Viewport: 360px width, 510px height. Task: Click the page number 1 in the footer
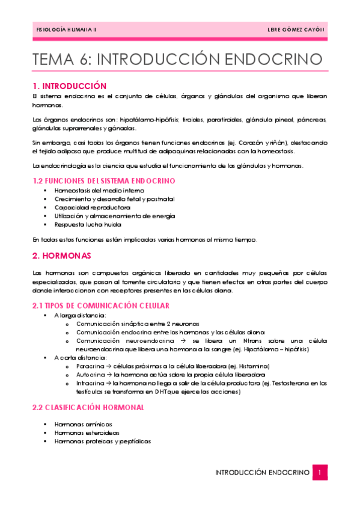click(320, 473)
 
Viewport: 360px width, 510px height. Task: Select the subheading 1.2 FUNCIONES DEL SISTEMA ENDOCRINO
click(103, 180)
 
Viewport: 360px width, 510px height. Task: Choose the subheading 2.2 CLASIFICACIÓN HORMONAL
click(88, 407)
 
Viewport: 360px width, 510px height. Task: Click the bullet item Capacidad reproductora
click(88, 207)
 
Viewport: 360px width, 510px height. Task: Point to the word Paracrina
click(90, 366)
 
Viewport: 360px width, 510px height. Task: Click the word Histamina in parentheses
click(253, 366)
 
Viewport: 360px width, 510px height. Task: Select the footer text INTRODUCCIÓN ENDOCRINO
click(262, 473)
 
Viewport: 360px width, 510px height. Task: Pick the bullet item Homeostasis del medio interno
click(95, 190)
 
